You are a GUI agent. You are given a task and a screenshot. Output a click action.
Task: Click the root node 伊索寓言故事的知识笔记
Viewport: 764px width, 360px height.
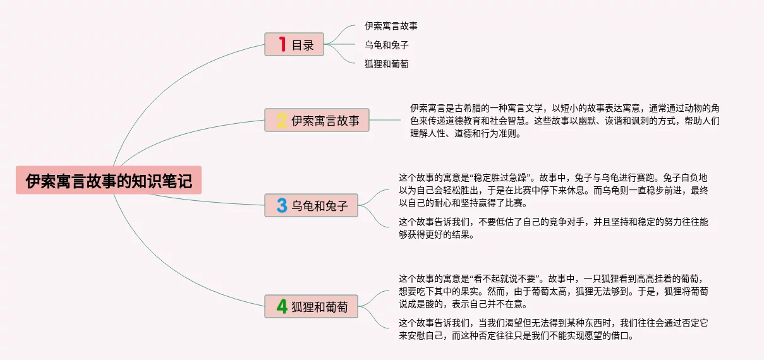(109, 181)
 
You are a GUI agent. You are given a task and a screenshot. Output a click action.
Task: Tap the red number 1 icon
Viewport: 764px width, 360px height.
(282, 45)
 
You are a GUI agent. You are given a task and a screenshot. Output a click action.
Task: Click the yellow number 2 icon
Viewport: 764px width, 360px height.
(282, 120)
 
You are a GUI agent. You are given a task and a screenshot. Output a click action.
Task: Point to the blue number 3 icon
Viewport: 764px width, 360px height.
(282, 205)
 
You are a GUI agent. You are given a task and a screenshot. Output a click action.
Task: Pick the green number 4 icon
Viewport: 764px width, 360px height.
(282, 306)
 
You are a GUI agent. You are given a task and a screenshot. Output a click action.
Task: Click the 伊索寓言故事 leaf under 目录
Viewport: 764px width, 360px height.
(391, 27)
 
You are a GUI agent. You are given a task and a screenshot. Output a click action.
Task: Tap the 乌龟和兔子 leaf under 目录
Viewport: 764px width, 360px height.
(386, 45)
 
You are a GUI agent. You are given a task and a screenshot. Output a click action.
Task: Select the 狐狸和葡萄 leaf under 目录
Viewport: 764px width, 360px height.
(386, 64)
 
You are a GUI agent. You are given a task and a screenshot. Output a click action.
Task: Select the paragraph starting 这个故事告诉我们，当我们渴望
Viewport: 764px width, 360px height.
(553, 329)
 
